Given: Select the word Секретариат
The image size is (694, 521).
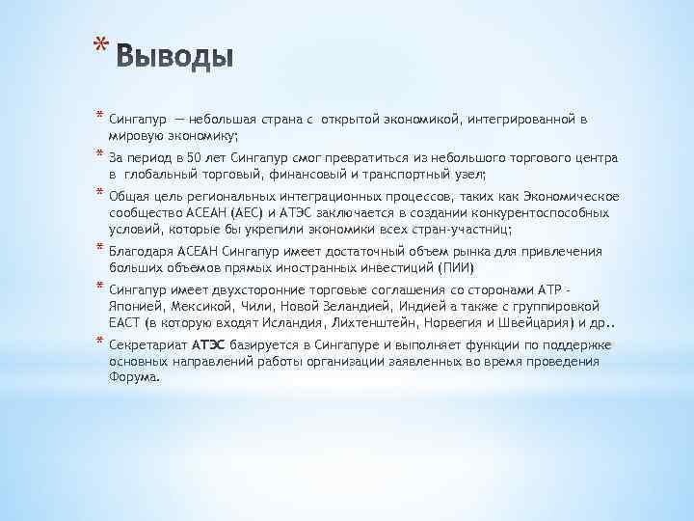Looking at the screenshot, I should click(147, 345).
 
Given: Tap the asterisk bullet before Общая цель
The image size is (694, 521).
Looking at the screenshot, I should click(99, 193).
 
